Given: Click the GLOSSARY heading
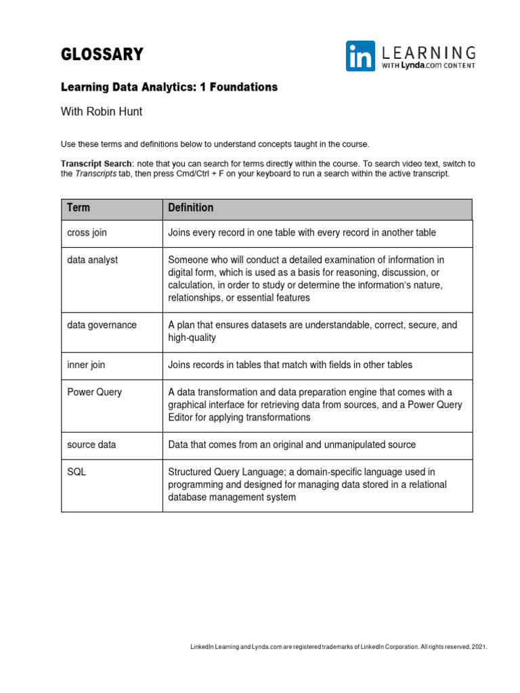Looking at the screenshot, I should [x=102, y=55].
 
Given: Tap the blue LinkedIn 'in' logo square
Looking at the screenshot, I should [x=360, y=56].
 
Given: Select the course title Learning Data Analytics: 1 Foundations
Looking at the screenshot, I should [x=169, y=87].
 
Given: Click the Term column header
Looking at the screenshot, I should [x=79, y=208].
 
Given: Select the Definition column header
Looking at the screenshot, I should [x=190, y=208].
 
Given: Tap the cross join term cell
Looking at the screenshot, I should [x=87, y=233].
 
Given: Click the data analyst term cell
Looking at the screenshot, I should [x=92, y=260].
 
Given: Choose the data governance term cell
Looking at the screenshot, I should [x=102, y=325].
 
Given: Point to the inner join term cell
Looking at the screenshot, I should [x=86, y=365].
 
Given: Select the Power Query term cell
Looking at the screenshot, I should [x=94, y=392].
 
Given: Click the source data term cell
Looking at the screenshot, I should [x=91, y=445].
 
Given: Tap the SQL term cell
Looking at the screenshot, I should [x=77, y=472].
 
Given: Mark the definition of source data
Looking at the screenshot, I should [x=292, y=445].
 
